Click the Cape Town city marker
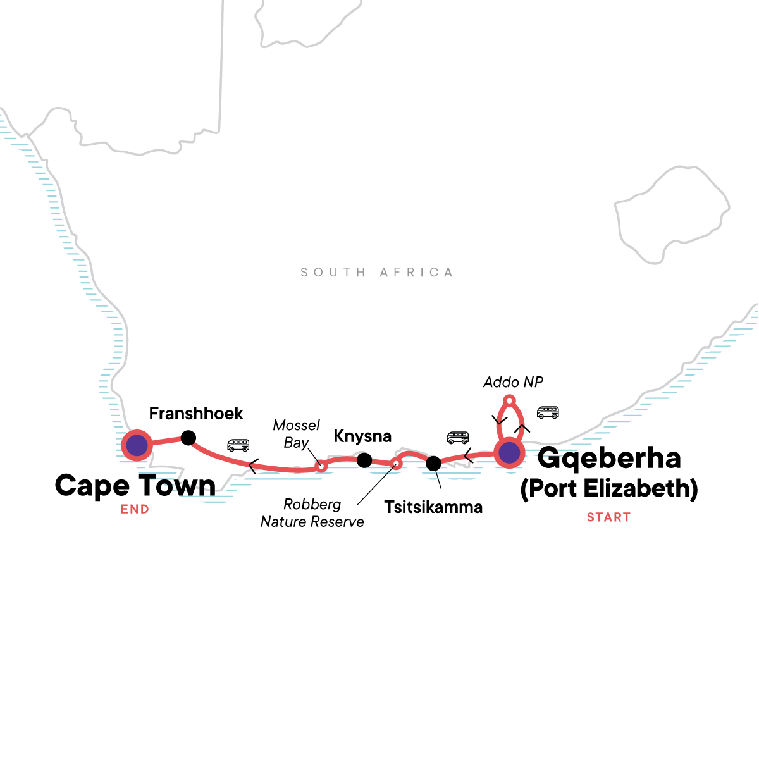tap(137, 446)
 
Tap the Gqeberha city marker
tap(509, 453)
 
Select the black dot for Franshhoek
tap(188, 438)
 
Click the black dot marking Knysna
tap(364, 460)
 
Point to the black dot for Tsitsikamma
tap(433, 464)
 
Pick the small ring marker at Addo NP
tap(509, 400)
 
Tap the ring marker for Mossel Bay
tap(321, 467)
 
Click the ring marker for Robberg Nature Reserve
tap(396, 464)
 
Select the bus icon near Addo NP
tap(548, 412)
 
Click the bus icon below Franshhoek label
tap(238, 445)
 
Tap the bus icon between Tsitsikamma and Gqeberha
tap(457, 437)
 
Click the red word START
tap(608, 517)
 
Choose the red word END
tap(135, 509)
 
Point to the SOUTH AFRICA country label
tap(377, 273)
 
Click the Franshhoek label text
tap(196, 414)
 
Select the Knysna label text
tap(362, 436)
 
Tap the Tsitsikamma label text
tap(433, 507)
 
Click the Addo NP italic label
tap(513, 382)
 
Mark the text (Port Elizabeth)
tap(608, 489)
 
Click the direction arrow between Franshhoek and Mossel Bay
tap(252, 467)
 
